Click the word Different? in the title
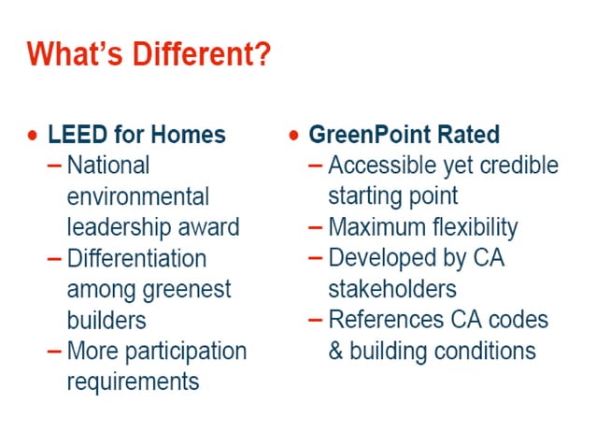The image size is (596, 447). point(195,53)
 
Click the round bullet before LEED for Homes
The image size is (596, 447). point(34,136)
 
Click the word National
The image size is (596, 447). point(108,166)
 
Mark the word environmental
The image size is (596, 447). point(138,196)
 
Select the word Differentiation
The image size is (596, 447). point(136,258)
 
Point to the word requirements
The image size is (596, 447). point(133,382)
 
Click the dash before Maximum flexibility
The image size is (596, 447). point(316,227)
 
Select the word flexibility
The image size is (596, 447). point(470,227)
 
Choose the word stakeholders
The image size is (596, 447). point(391,289)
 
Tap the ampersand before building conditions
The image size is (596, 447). point(336,351)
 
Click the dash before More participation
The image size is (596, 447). point(55,351)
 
